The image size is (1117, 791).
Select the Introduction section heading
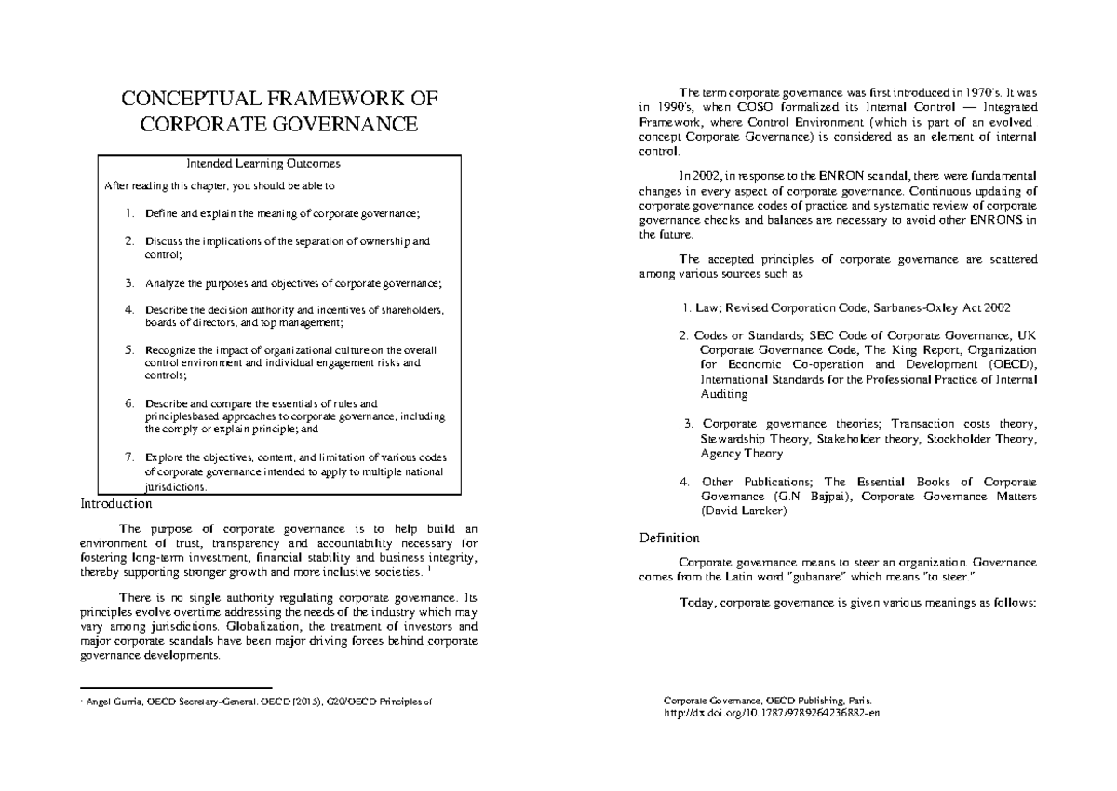click(x=116, y=504)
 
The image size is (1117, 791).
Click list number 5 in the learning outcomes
click(x=129, y=350)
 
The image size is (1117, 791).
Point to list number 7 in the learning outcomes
click(x=129, y=457)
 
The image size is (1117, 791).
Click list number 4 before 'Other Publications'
click(x=684, y=482)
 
